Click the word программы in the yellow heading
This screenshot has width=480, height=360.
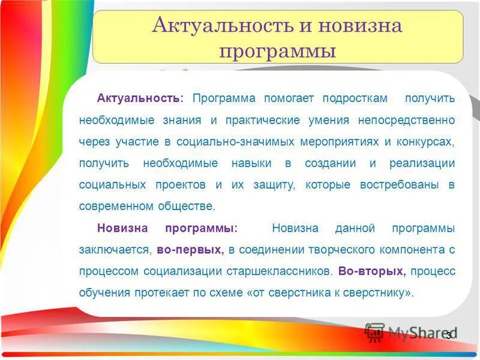tap(277, 50)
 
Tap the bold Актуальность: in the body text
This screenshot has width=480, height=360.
tap(140, 98)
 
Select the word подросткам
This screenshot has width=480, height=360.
tap(354, 98)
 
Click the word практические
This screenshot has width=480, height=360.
tap(262, 119)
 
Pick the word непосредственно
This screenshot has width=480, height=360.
tap(406, 119)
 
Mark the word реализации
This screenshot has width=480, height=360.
tap(422, 163)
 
